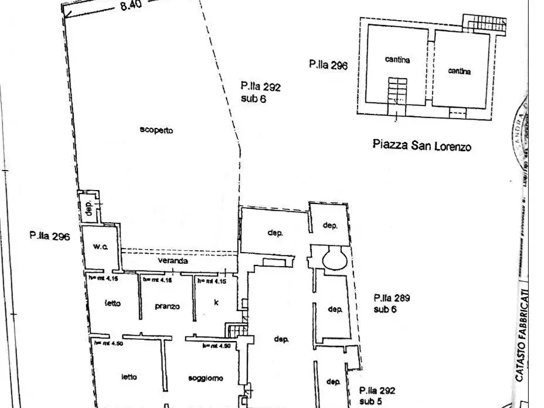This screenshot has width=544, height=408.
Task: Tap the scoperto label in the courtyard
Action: click(157, 130)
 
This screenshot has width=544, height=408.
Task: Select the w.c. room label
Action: click(101, 247)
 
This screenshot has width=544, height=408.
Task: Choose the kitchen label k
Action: click(216, 302)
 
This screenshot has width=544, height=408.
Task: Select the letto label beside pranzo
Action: click(112, 303)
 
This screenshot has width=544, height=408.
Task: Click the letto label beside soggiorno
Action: click(128, 376)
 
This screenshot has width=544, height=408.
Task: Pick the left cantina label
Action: click(397, 60)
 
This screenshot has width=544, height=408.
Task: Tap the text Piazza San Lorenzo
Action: click(421, 146)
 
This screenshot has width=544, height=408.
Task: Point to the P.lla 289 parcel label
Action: click(392, 298)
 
